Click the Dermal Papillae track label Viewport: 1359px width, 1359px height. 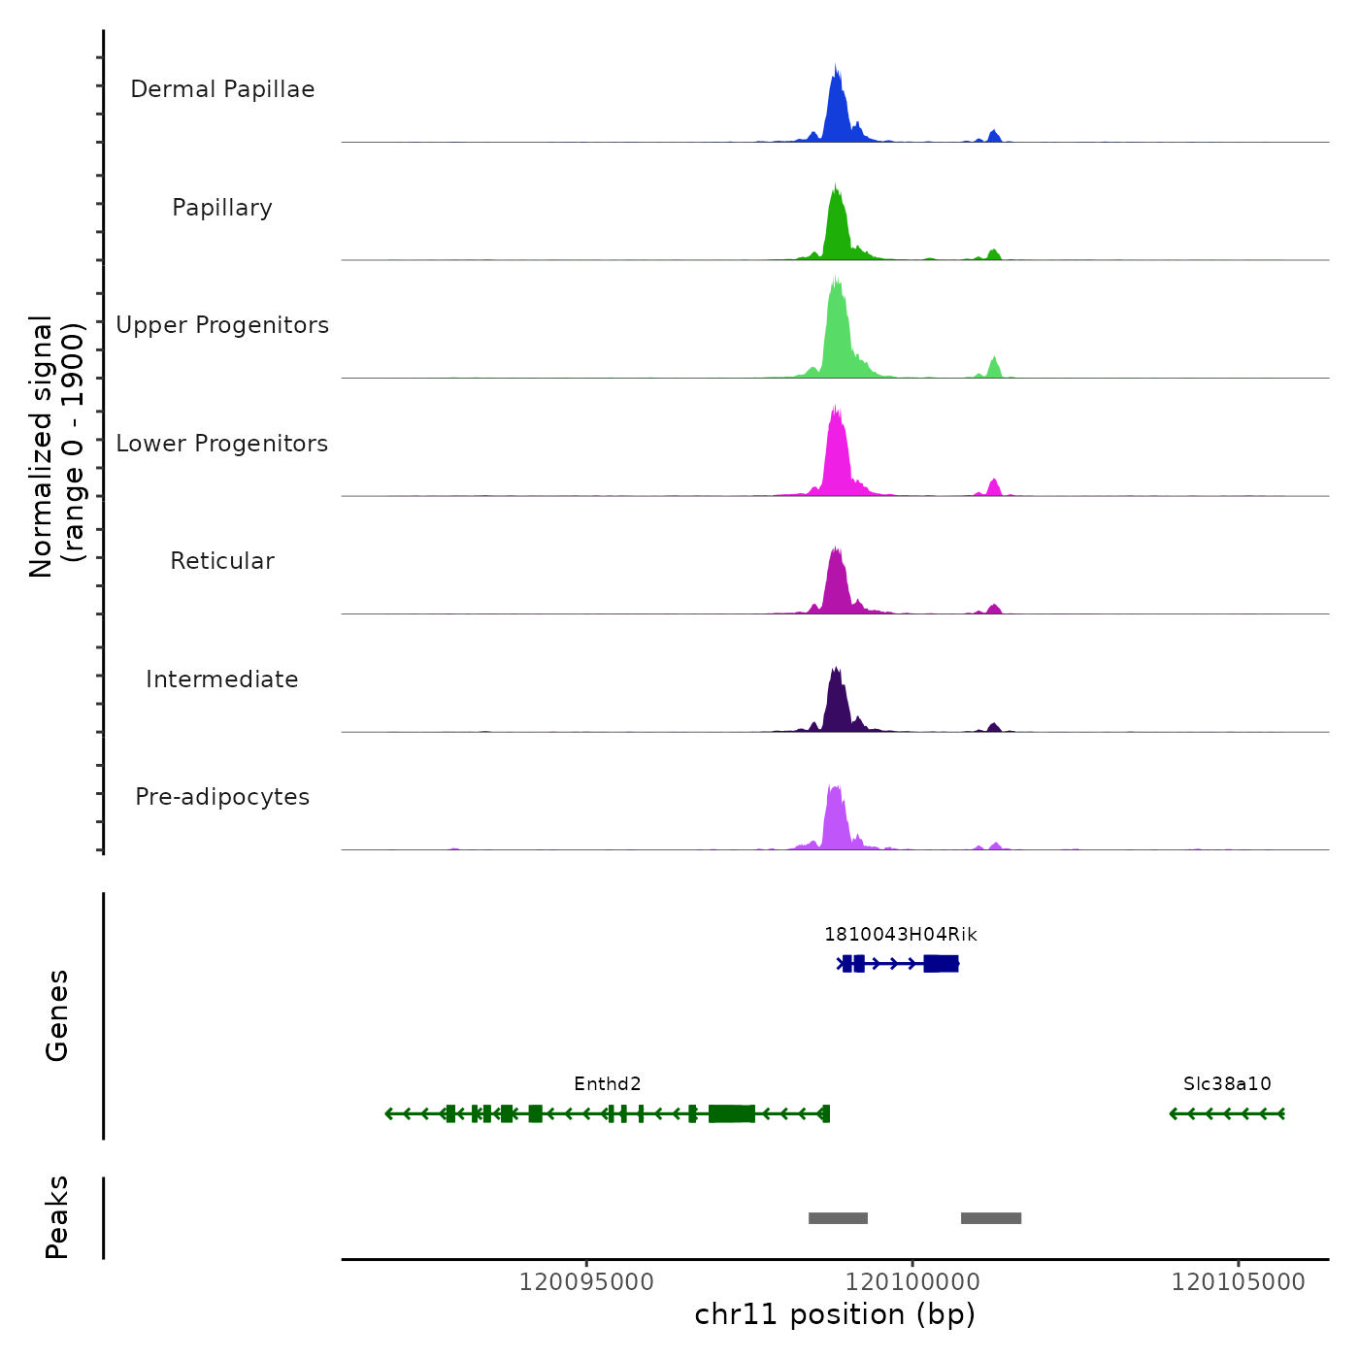(x=222, y=89)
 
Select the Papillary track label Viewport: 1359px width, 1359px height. (x=222, y=208)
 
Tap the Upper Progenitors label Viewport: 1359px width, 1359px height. (x=222, y=325)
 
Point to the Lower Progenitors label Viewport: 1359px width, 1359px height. (x=222, y=444)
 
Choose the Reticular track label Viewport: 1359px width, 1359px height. (x=222, y=561)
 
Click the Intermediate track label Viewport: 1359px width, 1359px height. (x=222, y=679)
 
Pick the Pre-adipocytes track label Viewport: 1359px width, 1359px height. (x=222, y=797)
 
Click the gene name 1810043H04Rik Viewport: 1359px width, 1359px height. (x=900, y=935)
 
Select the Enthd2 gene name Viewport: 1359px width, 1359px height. (x=608, y=1084)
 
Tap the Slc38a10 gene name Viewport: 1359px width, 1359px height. (x=1227, y=1084)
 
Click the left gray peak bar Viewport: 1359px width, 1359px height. (x=838, y=1218)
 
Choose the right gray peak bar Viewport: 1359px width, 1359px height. (x=991, y=1218)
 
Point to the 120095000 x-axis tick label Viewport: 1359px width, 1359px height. (x=586, y=1282)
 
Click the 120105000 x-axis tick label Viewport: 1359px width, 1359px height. (x=1239, y=1282)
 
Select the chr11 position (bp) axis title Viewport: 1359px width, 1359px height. (x=835, y=1314)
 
